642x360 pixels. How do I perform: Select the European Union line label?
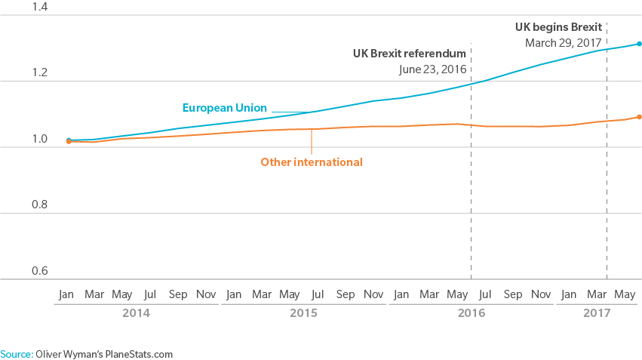pos(224,108)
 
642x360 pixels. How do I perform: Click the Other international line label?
pos(311,162)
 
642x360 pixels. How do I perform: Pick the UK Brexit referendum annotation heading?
pos(409,54)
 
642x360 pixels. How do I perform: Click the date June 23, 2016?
pos(432,69)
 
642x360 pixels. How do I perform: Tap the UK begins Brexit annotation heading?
pos(558,26)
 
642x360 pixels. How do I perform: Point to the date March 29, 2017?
pos(563,42)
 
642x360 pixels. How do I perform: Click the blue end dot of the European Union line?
pos(639,44)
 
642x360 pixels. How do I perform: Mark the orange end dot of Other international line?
pos(639,117)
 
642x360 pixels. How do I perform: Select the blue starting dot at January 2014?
pos(69,140)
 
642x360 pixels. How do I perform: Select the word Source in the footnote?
pos(15,352)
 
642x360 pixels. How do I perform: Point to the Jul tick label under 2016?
pos(485,294)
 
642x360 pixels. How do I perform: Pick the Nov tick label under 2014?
pos(206,294)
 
